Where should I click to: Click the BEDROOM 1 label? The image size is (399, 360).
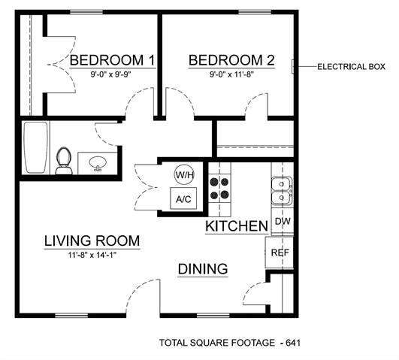112,60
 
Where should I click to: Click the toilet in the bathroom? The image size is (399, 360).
64,160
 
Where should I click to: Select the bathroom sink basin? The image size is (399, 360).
96,163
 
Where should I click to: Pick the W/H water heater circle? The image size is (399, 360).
184,174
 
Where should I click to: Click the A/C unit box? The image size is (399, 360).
184,199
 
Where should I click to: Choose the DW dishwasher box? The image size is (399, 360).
282,222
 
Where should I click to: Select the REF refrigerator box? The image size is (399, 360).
280,253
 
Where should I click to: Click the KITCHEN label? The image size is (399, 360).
237,225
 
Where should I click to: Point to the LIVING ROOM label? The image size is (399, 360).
92,241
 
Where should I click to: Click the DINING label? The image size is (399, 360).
203,269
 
